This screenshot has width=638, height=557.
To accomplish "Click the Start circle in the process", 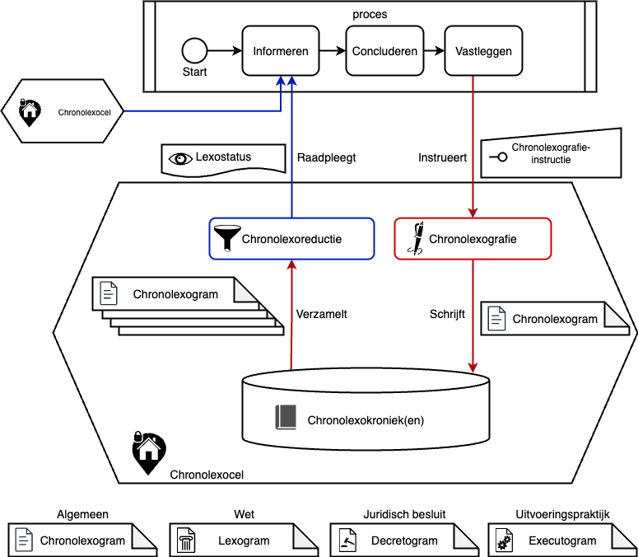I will pos(194,51).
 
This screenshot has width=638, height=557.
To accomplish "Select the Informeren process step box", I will pos(281,51).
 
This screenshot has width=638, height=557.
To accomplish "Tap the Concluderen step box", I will pos(384,51).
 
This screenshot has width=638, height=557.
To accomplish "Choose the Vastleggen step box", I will pos(483,51).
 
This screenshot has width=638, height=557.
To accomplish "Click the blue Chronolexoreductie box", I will pos(291,239).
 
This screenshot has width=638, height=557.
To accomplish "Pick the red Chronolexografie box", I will pos(473,239).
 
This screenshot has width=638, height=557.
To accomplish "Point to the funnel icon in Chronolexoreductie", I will pos(224,238).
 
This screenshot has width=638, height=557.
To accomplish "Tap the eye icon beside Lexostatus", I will pos(179,157).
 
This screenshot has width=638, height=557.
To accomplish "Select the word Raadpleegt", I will pos(325,157).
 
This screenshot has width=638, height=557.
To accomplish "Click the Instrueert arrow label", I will pos(442,157).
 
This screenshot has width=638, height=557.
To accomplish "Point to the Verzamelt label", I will pos(323,314).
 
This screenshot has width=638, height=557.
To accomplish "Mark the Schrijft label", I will pos(447,314).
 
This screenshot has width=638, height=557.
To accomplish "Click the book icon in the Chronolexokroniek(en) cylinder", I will pos(286,418).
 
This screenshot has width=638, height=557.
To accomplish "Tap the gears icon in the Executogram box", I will pos(504,542).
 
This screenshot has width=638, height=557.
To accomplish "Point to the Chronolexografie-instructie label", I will pos(551,154).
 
